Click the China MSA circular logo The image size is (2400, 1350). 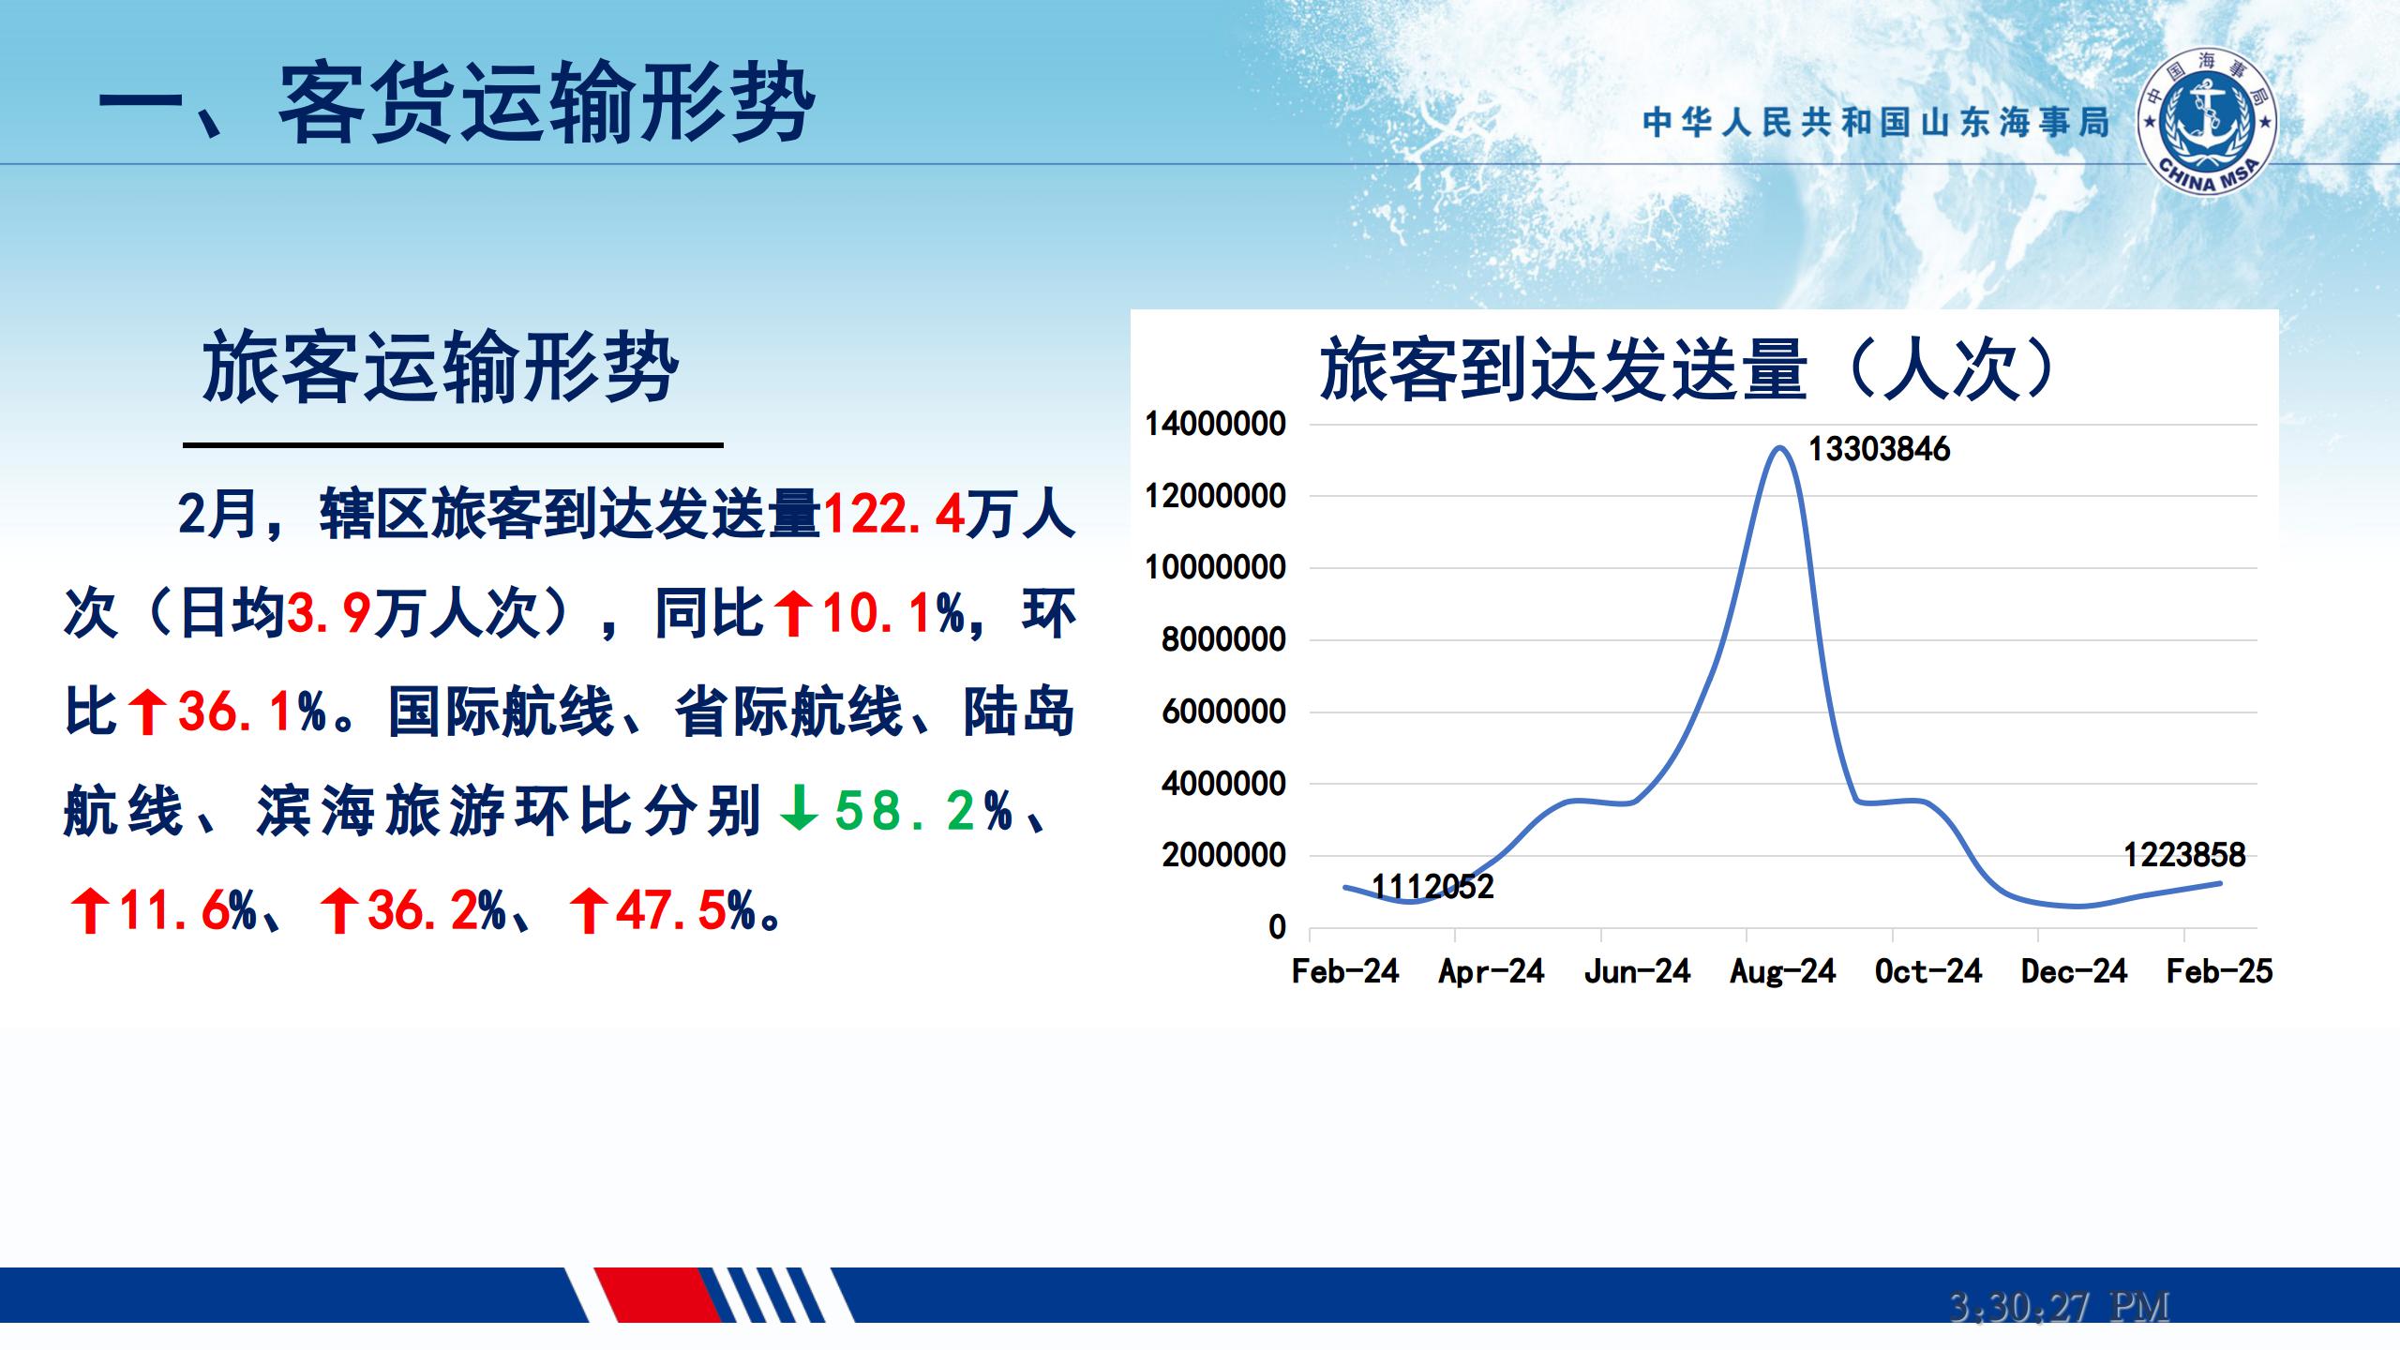(x=2208, y=123)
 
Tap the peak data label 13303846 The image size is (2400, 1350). (x=1879, y=449)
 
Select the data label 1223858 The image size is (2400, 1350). (x=2184, y=855)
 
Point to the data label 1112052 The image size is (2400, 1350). (x=1432, y=886)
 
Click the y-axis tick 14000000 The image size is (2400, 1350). (x=1216, y=424)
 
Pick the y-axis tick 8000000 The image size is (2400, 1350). (x=1223, y=639)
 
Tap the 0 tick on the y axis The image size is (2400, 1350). (x=1277, y=927)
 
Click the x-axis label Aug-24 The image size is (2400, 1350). (x=1783, y=971)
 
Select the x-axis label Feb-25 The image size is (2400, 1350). (x=2219, y=971)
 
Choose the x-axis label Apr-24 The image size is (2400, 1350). (x=1492, y=971)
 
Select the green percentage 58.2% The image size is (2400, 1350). (x=923, y=810)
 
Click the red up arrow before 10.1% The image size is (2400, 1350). (x=793, y=613)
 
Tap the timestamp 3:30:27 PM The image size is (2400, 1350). (x=2059, y=1306)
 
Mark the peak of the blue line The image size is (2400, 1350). (x=1779, y=447)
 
